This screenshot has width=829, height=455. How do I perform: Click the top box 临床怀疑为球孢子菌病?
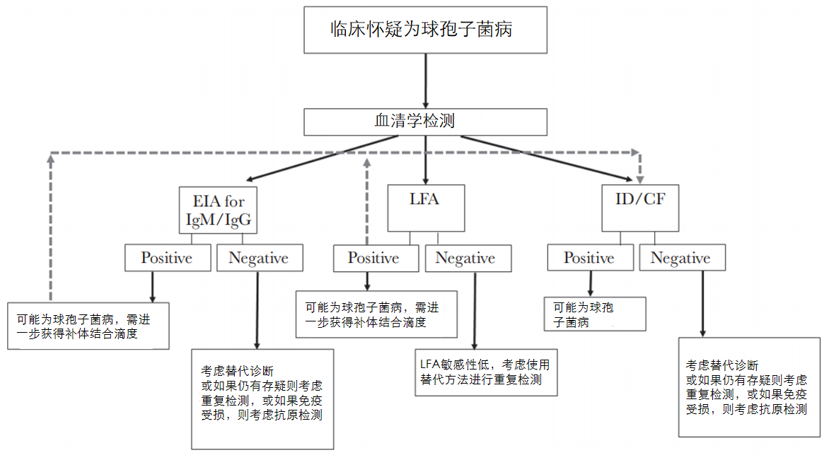[x=425, y=30]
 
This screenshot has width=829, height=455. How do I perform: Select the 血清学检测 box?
[x=425, y=121]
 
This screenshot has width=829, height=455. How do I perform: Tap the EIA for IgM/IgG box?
[x=217, y=210]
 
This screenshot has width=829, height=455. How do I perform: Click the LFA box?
[x=426, y=208]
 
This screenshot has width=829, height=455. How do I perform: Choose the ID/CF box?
[x=641, y=208]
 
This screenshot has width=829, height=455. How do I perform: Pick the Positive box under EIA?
[x=168, y=258]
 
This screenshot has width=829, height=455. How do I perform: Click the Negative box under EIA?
[x=258, y=258]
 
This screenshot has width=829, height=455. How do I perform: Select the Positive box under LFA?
[x=375, y=258]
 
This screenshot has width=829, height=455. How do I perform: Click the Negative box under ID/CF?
[x=680, y=258]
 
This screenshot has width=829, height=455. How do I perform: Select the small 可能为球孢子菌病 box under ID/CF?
[x=596, y=314]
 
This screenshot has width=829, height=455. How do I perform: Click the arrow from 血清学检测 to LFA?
[x=426, y=160]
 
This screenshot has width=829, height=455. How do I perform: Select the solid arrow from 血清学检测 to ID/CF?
[x=545, y=158]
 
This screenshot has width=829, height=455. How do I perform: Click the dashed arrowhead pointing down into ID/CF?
[x=640, y=174]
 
